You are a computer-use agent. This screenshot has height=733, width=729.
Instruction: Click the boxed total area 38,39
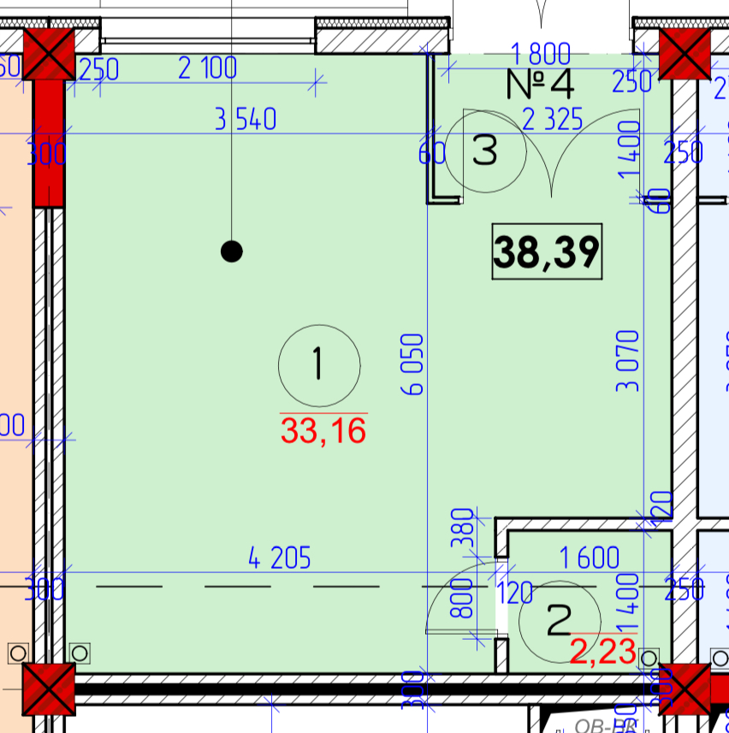click(x=547, y=251)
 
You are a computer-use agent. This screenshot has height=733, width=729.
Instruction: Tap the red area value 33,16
click(x=323, y=430)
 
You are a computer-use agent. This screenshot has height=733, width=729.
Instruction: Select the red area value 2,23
click(x=603, y=653)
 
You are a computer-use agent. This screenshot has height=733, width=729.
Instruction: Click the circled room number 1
click(x=318, y=365)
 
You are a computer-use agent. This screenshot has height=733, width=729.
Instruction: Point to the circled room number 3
click(x=485, y=152)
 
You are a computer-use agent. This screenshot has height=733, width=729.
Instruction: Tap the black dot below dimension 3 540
click(x=231, y=251)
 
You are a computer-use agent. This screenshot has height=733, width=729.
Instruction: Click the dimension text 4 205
click(x=280, y=559)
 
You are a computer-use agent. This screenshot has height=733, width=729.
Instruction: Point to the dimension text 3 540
click(x=246, y=120)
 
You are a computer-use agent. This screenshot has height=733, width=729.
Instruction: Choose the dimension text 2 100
click(x=207, y=68)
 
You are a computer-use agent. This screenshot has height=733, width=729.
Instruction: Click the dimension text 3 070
click(x=629, y=359)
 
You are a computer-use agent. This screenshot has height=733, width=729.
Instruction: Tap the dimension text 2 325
click(x=552, y=121)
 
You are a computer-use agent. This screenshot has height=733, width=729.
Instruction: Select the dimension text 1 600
click(x=590, y=559)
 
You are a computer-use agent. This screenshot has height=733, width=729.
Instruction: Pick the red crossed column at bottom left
click(x=49, y=689)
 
